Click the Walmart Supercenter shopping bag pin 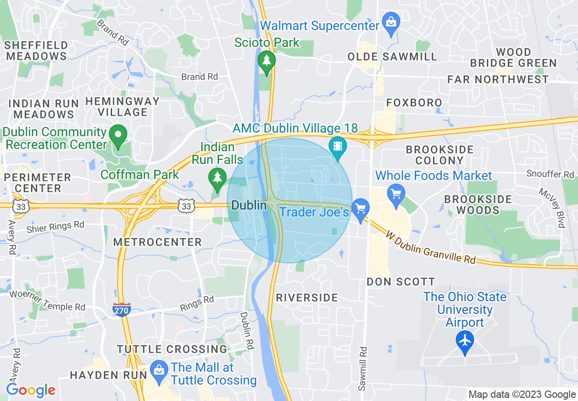pyautogui.click(x=391, y=21)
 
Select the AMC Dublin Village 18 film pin pyautogui.click(x=338, y=146)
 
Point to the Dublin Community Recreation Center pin pyautogui.click(x=119, y=134)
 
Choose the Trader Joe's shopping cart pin pyautogui.click(x=361, y=209)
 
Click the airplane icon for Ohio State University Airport pyautogui.click(x=465, y=340)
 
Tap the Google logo pyautogui.click(x=31, y=391)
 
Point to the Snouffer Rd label pyautogui.click(x=550, y=175)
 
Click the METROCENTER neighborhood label pyautogui.click(x=157, y=242)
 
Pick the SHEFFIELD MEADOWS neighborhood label pyautogui.click(x=36, y=51)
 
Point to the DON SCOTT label pyautogui.click(x=401, y=282)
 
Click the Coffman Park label pyautogui.click(x=140, y=175)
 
